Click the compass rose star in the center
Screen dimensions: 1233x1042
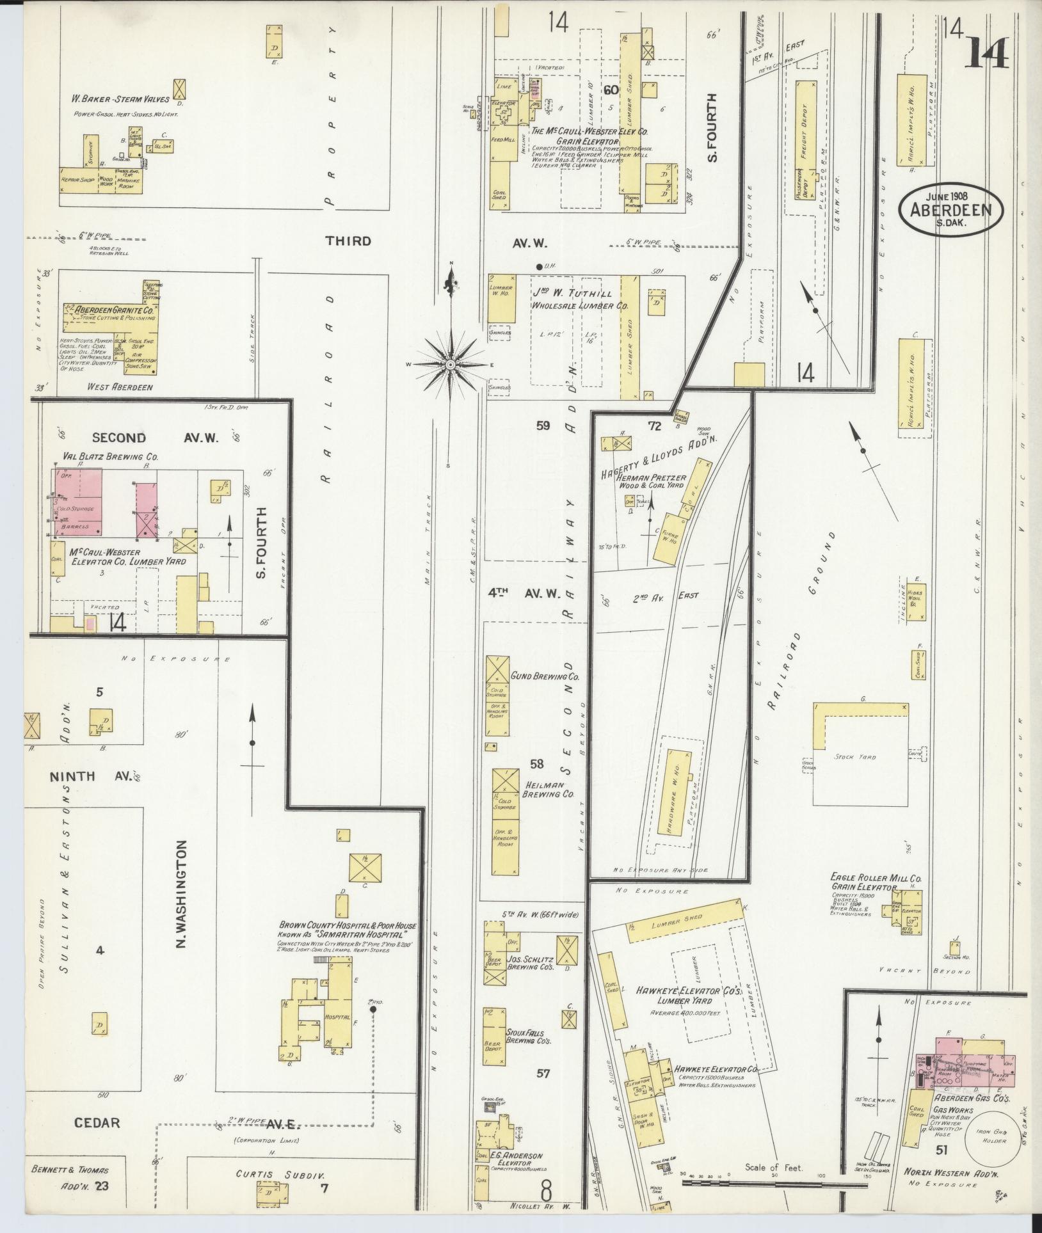tap(451, 364)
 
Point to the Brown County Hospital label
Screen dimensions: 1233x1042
tap(348, 926)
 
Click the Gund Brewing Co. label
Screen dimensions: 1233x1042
tap(545, 676)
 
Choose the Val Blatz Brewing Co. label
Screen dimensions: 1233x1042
tap(110, 457)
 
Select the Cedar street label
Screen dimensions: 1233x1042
tap(97, 1122)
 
